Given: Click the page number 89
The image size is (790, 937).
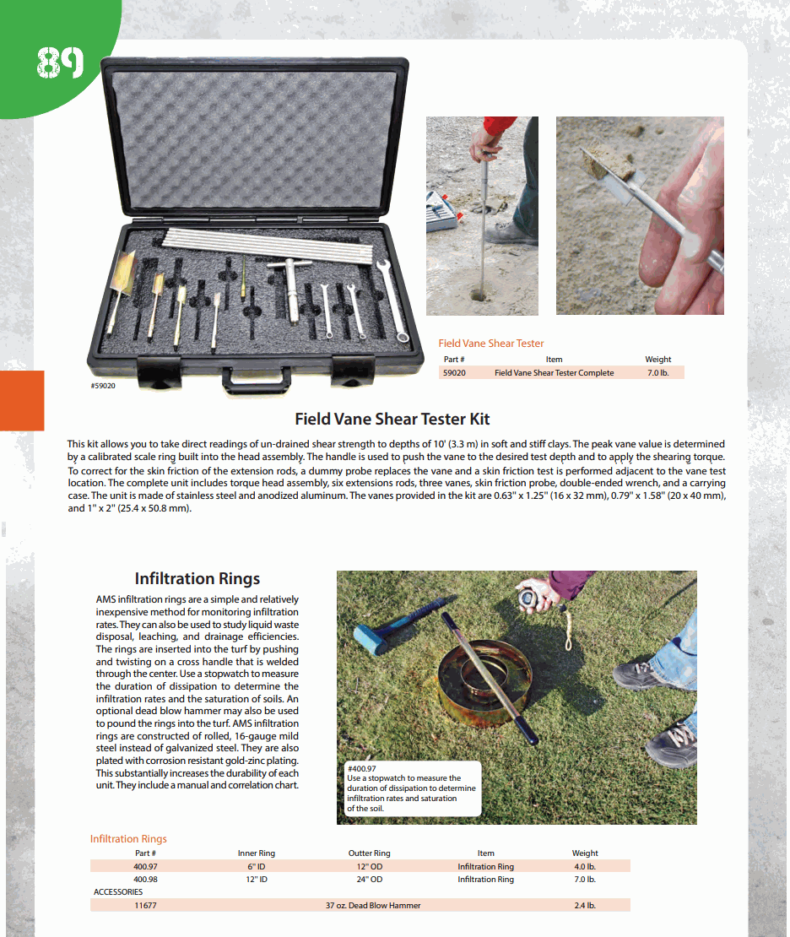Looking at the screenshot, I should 60,62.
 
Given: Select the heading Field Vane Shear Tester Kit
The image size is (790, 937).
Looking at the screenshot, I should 392,419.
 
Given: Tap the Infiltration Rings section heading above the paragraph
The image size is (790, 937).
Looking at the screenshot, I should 197,578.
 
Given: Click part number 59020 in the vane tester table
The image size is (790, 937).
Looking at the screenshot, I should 455,372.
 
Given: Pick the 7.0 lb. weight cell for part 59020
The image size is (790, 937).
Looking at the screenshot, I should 657,372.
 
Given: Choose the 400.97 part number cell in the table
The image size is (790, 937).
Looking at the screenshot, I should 145,866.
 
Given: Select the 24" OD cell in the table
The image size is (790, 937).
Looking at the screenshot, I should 369,880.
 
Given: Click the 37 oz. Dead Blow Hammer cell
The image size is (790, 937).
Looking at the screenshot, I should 372,906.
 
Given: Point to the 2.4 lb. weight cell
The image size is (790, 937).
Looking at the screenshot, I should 584,906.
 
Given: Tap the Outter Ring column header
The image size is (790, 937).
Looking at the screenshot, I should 369,853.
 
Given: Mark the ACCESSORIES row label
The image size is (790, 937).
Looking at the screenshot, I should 118,892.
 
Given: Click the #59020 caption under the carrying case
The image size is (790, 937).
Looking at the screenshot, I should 103,386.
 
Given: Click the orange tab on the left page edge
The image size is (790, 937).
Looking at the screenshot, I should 22,400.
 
